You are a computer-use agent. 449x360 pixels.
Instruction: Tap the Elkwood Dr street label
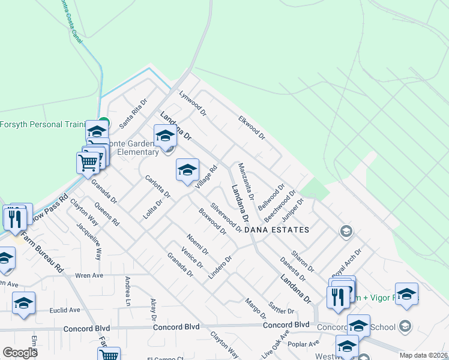tap(252, 127)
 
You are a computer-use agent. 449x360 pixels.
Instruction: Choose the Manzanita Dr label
tap(246, 181)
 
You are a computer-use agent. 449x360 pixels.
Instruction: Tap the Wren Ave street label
tap(89, 275)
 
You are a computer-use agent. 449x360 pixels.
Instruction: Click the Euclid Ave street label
tap(66, 310)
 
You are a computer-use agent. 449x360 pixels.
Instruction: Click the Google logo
tap(20, 353)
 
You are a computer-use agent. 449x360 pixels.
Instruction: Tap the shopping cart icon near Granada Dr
tap(88, 162)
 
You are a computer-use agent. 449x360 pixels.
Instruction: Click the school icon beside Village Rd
tap(187, 170)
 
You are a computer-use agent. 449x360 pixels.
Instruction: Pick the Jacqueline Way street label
tap(89, 241)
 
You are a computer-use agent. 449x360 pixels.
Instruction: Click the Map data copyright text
tap(424, 355)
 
